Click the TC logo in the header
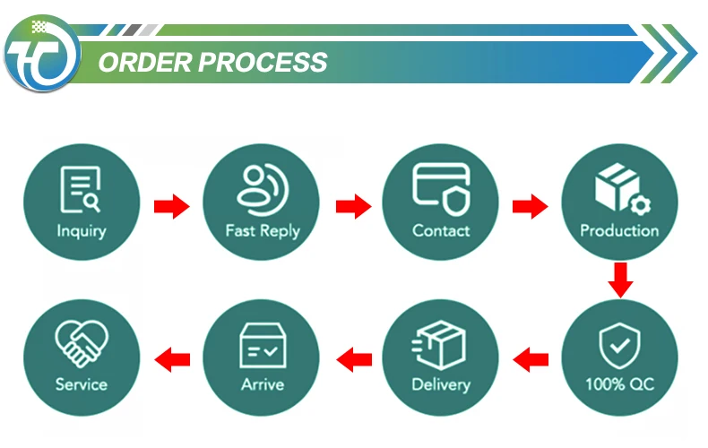[x=42, y=53]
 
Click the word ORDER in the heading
[x=145, y=63]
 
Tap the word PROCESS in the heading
[x=263, y=63]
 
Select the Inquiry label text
[x=82, y=231]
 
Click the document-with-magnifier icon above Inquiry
[x=81, y=189]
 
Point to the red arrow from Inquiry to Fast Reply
[x=171, y=206]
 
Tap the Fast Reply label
[x=263, y=231]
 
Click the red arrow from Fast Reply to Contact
[x=353, y=206]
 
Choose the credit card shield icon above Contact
[x=441, y=189]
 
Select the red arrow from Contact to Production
[x=530, y=206]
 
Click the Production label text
[x=619, y=231]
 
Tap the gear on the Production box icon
[x=640, y=205]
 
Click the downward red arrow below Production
[x=620, y=280]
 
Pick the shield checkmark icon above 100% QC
[x=619, y=346]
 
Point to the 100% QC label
[x=620, y=384]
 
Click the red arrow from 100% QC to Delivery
[x=531, y=360]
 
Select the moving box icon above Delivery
[x=439, y=344]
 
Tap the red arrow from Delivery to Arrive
[x=354, y=360]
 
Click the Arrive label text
[x=263, y=384]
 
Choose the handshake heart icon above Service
[x=82, y=343]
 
